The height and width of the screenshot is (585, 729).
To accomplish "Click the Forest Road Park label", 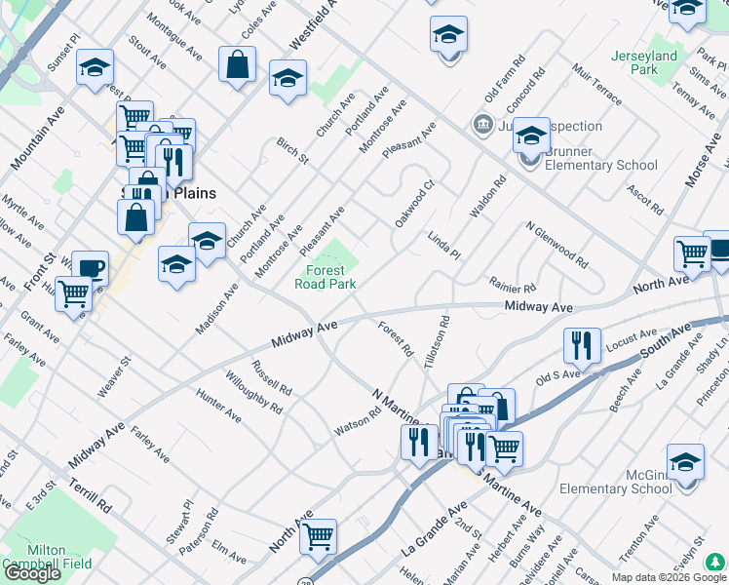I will coord(326,277).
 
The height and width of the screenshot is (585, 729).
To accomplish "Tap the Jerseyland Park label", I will coord(644,62).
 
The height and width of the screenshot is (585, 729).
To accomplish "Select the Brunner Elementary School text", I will coord(601,158).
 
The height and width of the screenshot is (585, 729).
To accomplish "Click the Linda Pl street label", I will coord(443,246).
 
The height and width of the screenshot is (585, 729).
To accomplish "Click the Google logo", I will coord(32,573).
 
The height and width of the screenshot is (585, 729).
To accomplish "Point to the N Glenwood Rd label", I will coord(556,246).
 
